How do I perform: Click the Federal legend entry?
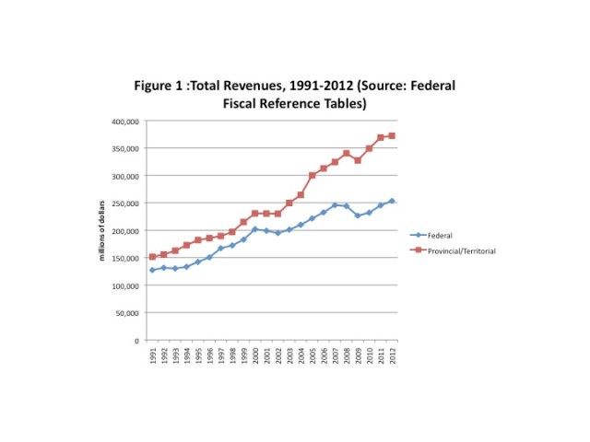pyautogui.click(x=440, y=236)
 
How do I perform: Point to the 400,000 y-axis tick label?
pyautogui.click(x=124, y=121)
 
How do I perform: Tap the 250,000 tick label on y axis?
pyautogui.click(x=124, y=203)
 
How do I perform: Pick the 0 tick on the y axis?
pyautogui.click(x=137, y=340)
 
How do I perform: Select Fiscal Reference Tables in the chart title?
pyautogui.click(x=295, y=103)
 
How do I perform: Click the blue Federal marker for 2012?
pyautogui.click(x=392, y=201)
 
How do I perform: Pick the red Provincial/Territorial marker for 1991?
pyautogui.click(x=152, y=257)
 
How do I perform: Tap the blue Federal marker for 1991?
pyautogui.click(x=152, y=270)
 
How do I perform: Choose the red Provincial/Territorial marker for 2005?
pyautogui.click(x=313, y=175)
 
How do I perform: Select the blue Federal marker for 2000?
pyautogui.click(x=255, y=228)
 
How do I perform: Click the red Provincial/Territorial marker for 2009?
pyautogui.click(x=358, y=160)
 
